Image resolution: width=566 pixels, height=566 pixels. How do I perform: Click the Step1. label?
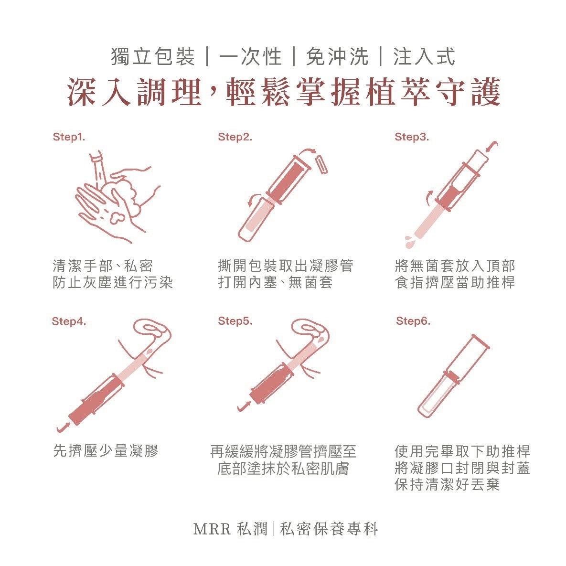tap(69, 137)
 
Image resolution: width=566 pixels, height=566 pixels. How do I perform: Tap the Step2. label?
tap(235, 137)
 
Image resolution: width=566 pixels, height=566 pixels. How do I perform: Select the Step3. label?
tap(412, 137)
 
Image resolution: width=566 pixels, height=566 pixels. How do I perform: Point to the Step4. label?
tap(69, 321)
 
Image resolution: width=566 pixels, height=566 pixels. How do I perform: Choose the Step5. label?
tap(235, 321)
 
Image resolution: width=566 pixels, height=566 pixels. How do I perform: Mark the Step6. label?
tap(413, 321)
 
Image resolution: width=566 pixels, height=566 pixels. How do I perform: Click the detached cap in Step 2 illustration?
tap(321, 164)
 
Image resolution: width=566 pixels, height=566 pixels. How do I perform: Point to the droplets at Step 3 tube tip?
tap(410, 242)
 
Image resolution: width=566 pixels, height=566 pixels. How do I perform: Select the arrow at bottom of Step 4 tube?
tap(63, 427)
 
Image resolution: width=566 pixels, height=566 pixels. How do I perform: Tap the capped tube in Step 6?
tap(453, 376)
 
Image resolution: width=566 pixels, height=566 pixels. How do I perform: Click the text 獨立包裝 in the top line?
tap(153, 57)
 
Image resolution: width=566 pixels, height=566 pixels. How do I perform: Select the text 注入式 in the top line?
tap(424, 57)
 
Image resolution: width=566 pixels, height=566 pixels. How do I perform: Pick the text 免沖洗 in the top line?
tap(337, 57)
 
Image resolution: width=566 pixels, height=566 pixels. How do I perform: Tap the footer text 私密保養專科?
tap(329, 529)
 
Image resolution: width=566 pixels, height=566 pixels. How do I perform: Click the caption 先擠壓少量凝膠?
tap(106, 451)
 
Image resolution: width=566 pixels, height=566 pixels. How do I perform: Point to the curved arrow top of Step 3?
tap(492, 146)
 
